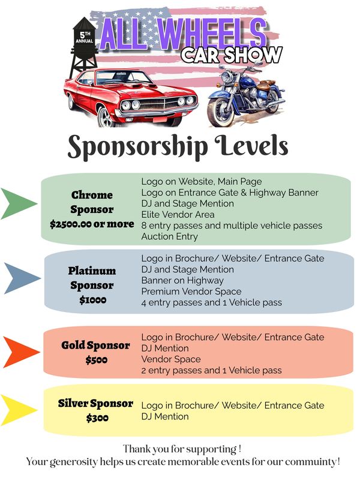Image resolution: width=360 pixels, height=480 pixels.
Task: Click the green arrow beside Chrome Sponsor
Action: (x=17, y=204)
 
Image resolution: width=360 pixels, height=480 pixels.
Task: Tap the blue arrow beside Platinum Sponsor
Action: (x=20, y=278)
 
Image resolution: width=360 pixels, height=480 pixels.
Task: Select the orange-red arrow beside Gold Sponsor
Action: (x=19, y=352)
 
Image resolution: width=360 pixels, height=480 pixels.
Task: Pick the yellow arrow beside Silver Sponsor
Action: (x=17, y=410)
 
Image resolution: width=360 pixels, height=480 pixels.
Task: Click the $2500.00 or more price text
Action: (x=92, y=224)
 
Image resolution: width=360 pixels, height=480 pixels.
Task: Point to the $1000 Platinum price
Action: (x=93, y=299)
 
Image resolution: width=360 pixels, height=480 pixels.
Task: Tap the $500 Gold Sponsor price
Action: (x=97, y=359)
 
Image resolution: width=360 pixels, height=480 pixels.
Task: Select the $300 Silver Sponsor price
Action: (x=97, y=418)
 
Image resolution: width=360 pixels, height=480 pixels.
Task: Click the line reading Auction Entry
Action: (x=170, y=236)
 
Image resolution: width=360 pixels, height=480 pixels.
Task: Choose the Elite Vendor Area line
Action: (x=178, y=215)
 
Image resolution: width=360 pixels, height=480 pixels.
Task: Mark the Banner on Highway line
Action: (x=182, y=281)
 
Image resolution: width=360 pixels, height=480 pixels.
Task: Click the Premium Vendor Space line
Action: (x=191, y=292)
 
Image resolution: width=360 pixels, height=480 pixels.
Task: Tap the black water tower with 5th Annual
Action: (x=83, y=46)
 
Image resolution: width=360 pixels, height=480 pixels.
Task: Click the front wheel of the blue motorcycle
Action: (x=220, y=112)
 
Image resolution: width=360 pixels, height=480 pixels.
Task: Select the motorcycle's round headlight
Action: (x=227, y=77)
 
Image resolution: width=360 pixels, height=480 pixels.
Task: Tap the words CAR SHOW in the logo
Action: (x=232, y=55)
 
